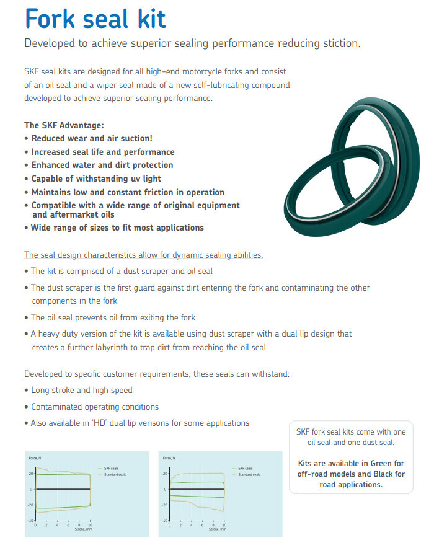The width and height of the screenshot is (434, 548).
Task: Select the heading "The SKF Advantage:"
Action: tap(64, 125)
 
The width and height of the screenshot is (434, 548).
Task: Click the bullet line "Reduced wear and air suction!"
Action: tap(92, 138)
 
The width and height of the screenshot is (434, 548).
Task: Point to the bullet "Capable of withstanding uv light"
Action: tap(97, 179)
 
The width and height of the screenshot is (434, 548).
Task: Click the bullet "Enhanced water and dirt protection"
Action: tap(102, 165)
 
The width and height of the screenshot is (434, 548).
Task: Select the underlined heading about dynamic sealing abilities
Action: tap(143, 255)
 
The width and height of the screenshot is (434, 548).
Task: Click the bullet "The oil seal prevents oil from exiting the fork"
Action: tap(113, 317)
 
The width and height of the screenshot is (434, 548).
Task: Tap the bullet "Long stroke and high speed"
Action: tap(81, 391)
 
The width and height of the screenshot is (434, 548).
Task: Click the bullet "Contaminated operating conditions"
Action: tap(95, 407)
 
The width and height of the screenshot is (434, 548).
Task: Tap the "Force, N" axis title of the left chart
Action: tap(35, 458)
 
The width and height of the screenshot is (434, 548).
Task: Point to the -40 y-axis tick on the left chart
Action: tap(30, 520)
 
